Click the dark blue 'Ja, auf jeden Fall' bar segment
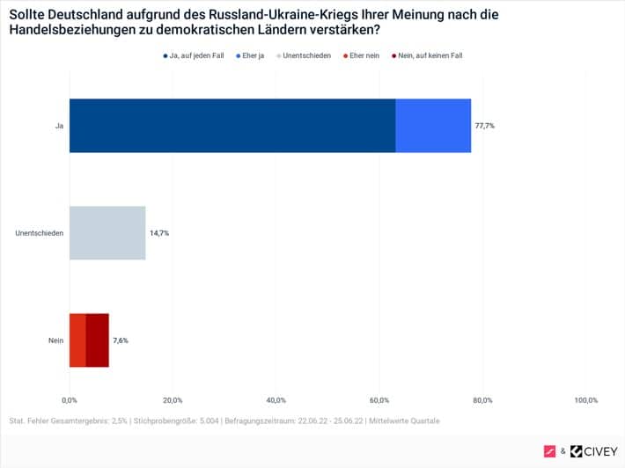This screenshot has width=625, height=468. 232,126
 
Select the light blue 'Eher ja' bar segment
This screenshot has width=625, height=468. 433,126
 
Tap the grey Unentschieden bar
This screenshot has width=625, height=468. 107,233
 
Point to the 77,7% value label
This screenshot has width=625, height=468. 485,126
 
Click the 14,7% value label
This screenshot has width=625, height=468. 158,233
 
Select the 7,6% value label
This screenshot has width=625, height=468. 121,340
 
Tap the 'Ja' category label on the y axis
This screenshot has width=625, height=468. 59,126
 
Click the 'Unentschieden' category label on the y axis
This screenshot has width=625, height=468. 40,233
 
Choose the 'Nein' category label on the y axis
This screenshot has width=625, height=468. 55,340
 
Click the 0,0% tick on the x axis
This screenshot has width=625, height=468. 70,400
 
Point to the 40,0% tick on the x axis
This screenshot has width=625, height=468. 276,400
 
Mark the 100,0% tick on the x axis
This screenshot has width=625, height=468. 585,400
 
